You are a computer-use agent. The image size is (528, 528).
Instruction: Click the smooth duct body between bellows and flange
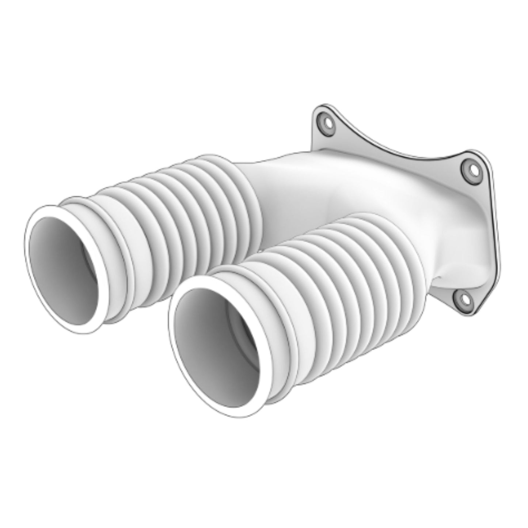[329, 183]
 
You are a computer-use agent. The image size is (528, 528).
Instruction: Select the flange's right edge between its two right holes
[493, 234]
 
